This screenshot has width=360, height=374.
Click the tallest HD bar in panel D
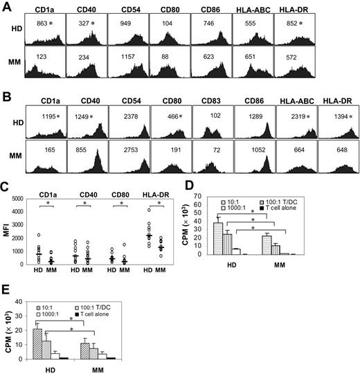point(237,239)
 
